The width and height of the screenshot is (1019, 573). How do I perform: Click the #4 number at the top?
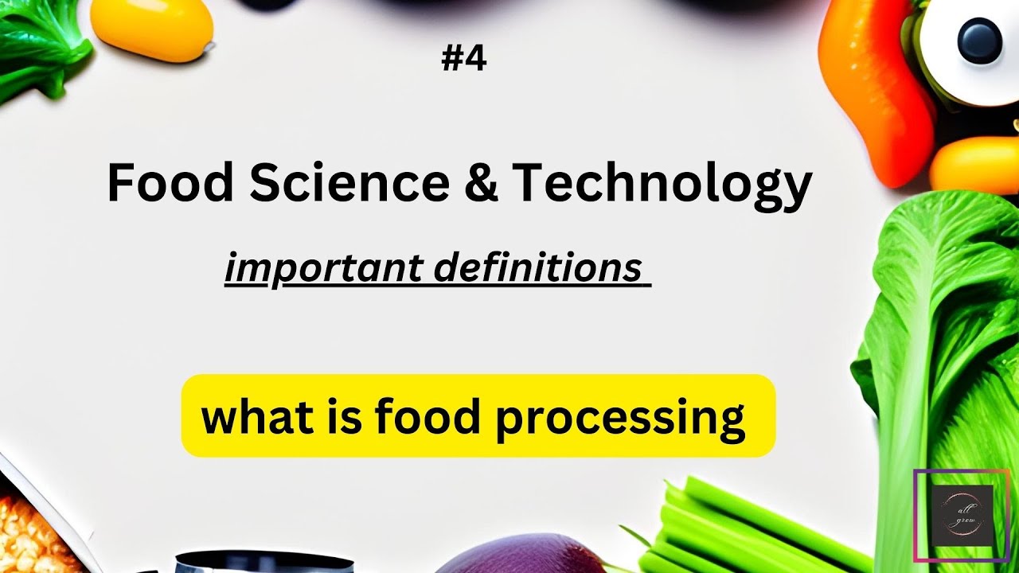(x=463, y=60)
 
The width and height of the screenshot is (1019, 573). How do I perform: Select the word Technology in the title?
(x=662, y=184)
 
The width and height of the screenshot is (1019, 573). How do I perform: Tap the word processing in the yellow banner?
(x=620, y=419)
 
